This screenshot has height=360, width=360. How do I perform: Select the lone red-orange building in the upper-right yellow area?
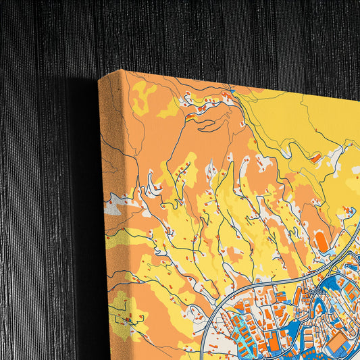(x=315, y=157)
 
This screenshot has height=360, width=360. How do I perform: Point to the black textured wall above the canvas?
(x=203, y=34)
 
